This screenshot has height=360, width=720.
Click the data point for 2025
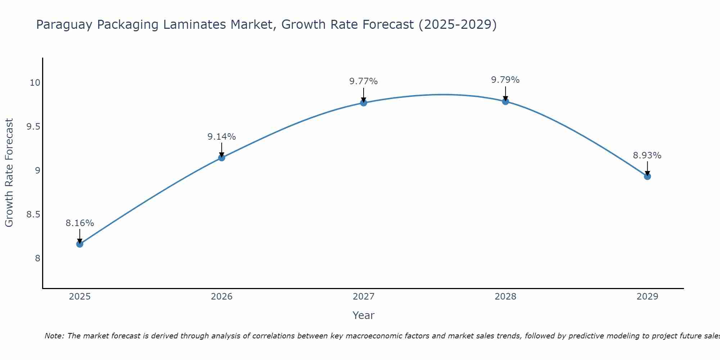tap(80, 244)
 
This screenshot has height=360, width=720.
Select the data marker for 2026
tap(221, 158)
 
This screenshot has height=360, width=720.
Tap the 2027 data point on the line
tap(364, 103)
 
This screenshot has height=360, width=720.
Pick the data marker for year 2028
tap(505, 101)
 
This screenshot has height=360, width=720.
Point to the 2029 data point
tap(647, 176)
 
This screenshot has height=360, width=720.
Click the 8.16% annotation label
tap(80, 223)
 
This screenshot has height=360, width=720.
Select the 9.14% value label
tap(221, 137)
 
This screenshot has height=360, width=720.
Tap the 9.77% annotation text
tap(364, 81)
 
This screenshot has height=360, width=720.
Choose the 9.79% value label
tap(505, 80)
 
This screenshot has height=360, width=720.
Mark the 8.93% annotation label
tap(647, 156)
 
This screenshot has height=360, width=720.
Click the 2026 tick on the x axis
tap(221, 297)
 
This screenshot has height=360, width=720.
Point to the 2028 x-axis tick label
tap(505, 297)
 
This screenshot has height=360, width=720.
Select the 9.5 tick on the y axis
tap(33, 127)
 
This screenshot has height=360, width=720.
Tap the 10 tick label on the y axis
tap(35, 83)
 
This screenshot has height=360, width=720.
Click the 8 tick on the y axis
tap(37, 258)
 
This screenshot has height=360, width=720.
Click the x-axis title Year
tap(364, 315)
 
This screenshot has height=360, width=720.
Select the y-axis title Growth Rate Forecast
tap(9, 173)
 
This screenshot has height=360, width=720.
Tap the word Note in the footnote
tap(53, 336)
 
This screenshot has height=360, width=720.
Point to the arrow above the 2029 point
tap(647, 168)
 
